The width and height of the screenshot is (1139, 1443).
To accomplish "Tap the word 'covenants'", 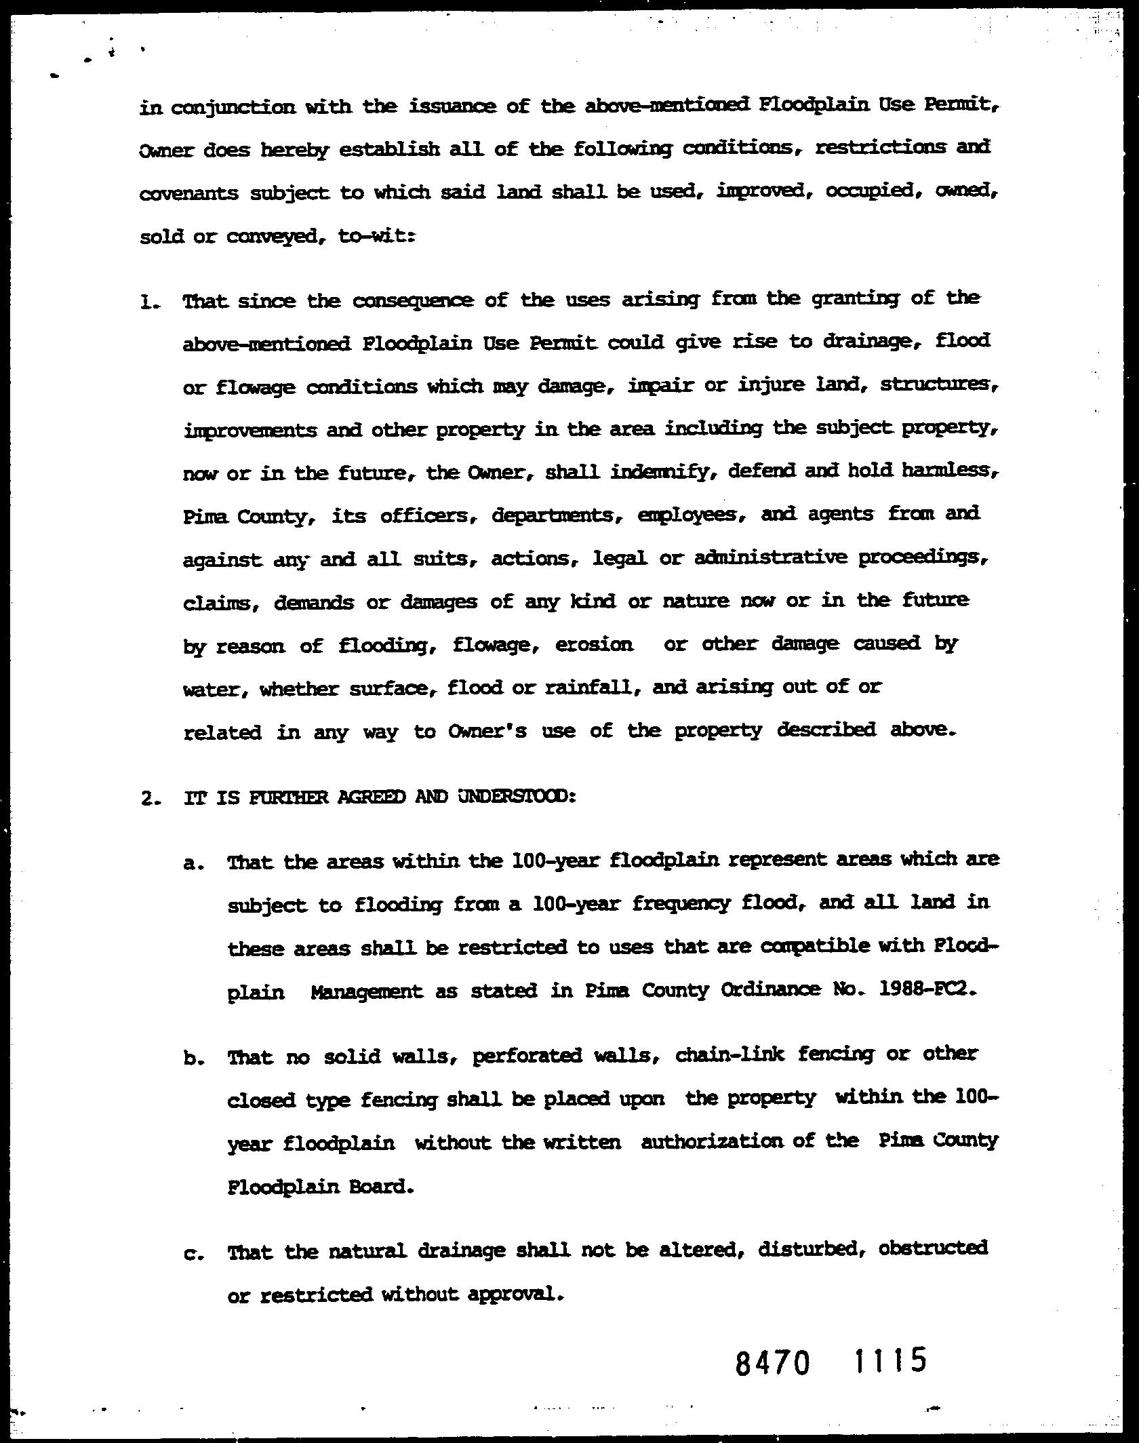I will [188, 195].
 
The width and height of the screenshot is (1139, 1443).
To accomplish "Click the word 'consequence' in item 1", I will [413, 300].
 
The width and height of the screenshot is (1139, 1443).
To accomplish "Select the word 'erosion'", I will [594, 645].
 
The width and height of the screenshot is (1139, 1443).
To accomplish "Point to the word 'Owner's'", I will [487, 732].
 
